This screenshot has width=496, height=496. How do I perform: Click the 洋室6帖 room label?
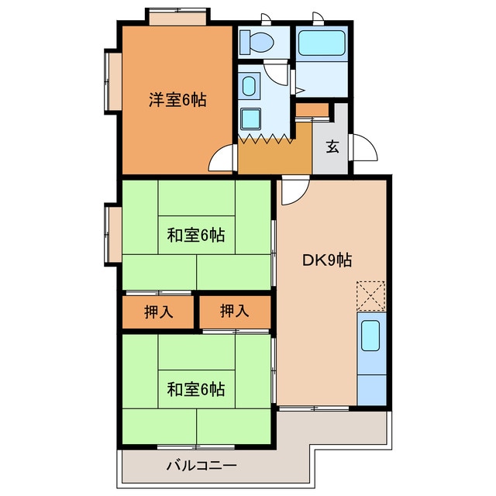[x=177, y=100]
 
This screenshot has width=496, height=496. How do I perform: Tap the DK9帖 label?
[x=326, y=260]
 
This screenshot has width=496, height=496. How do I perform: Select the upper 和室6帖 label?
[x=196, y=236]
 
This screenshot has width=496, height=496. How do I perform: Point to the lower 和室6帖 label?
[x=196, y=389]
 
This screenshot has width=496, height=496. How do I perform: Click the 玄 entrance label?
[x=332, y=146]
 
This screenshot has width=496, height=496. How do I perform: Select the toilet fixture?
[x=255, y=41]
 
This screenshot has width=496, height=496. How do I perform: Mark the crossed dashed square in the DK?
[x=370, y=294]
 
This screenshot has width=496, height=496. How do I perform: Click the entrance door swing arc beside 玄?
[x=363, y=148]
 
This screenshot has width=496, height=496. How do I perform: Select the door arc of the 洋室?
[x=224, y=158]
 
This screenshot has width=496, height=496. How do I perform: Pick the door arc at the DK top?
[x=293, y=191]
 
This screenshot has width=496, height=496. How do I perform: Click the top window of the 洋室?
[x=177, y=16]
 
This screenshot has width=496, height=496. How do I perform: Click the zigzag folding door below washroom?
[x=266, y=139]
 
